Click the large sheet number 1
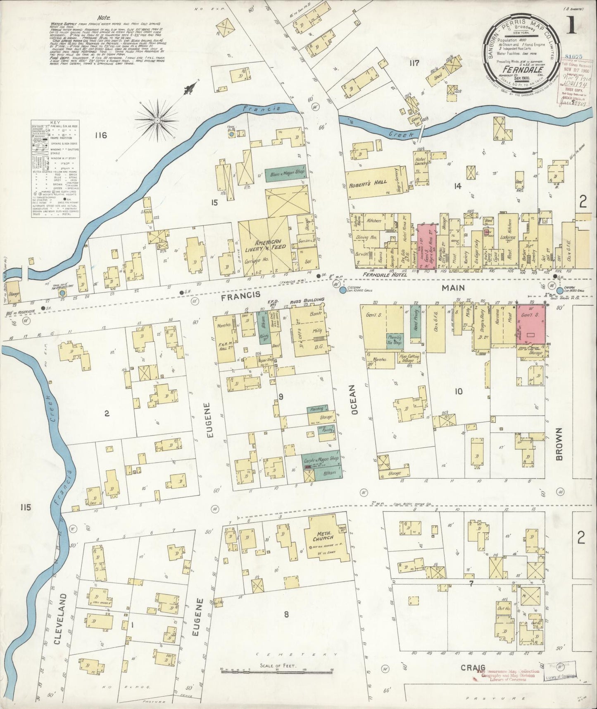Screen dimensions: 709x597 coord(572,26)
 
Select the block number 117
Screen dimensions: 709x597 coord(414,63)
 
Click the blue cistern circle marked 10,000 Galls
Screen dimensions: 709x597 coord(343,291)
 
